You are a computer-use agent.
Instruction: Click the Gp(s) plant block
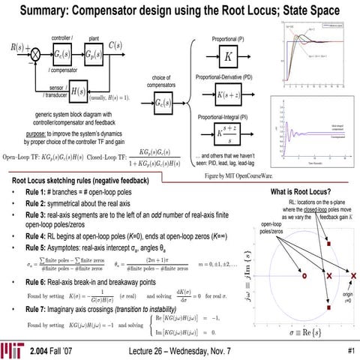pos(96,55)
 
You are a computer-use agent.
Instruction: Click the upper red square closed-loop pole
pos(328,244)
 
